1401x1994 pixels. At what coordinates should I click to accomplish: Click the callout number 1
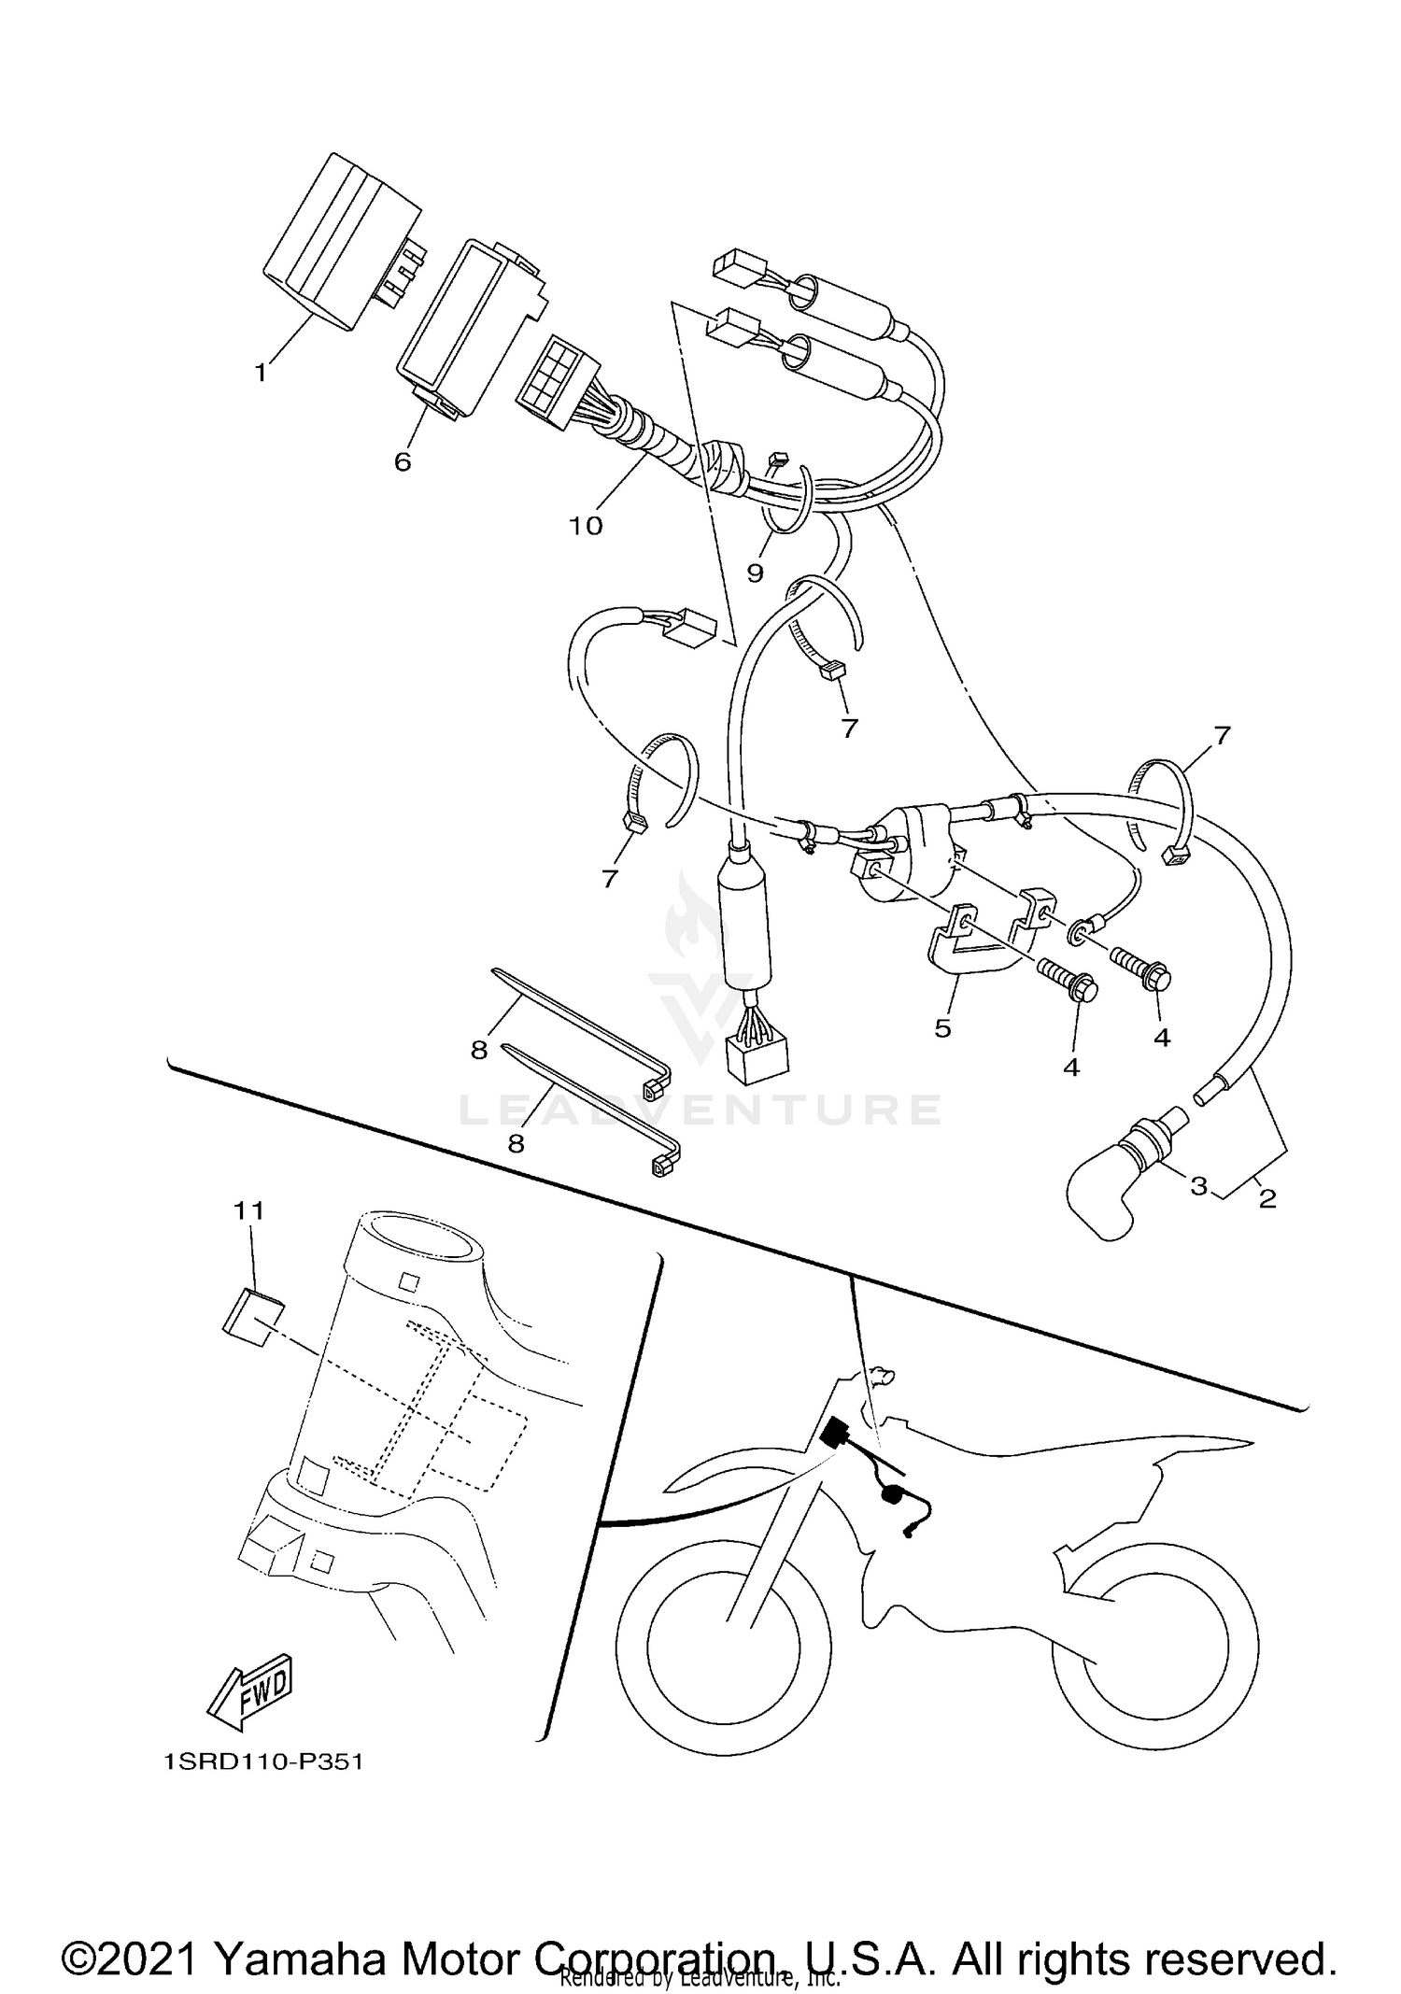(x=261, y=373)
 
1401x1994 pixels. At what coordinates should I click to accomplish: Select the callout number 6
(x=403, y=461)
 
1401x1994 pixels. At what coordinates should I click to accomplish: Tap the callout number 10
(x=587, y=526)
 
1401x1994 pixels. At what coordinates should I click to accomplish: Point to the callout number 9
(x=755, y=573)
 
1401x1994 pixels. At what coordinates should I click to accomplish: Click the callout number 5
(x=942, y=1028)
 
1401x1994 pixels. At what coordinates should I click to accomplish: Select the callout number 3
(x=1198, y=1186)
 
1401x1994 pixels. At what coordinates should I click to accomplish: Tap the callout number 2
(x=1267, y=1198)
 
